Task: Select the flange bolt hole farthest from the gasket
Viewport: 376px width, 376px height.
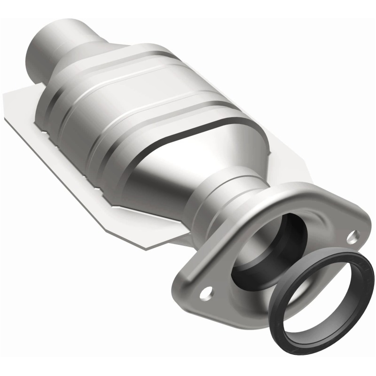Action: (205, 294)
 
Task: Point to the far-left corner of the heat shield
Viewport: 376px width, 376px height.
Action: (6, 96)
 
